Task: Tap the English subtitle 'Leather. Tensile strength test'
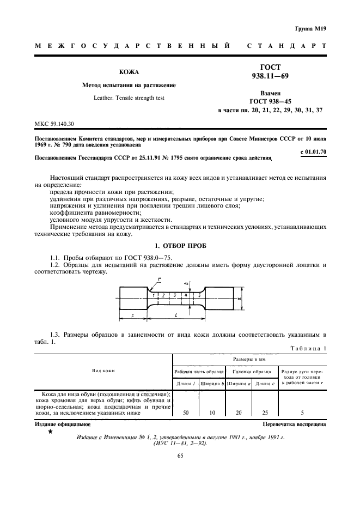[129, 98]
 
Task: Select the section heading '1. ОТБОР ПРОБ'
[180, 246]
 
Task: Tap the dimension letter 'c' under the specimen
[133, 315]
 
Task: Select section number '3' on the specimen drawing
[174, 295]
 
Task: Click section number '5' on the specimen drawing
[199, 295]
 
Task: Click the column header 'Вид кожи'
[103, 371]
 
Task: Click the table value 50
[186, 413]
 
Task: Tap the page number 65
[180, 456]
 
